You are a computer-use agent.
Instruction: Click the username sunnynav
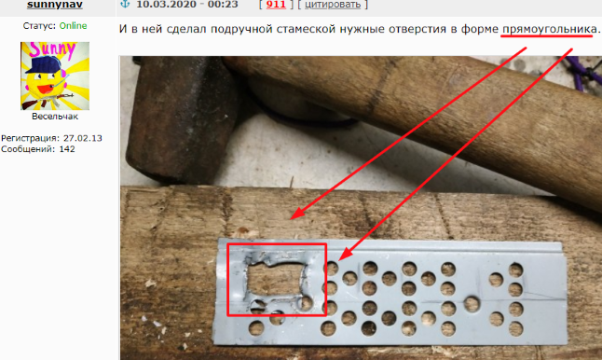pyautogui.click(x=55, y=5)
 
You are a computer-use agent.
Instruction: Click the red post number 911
pyautogui.click(x=276, y=5)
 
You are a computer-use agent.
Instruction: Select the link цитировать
pyautogui.click(x=333, y=5)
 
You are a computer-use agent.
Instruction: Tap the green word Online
pyautogui.click(x=73, y=26)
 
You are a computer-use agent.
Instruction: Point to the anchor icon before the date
pyautogui.click(x=125, y=5)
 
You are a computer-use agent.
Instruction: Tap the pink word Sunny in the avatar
pyautogui.click(x=52, y=50)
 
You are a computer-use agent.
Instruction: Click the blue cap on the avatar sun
pyautogui.click(x=43, y=64)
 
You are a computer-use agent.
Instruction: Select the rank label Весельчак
pyautogui.click(x=55, y=117)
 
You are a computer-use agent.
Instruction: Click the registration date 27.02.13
pyautogui.click(x=83, y=138)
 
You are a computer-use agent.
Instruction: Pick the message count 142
pyautogui.click(x=67, y=149)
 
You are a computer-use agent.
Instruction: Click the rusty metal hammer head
pyautogui.click(x=181, y=119)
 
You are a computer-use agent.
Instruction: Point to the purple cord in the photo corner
pyautogui.click(x=586, y=72)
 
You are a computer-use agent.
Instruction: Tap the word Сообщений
pyautogui.click(x=29, y=149)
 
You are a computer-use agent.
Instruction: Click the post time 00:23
pyautogui.click(x=225, y=5)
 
